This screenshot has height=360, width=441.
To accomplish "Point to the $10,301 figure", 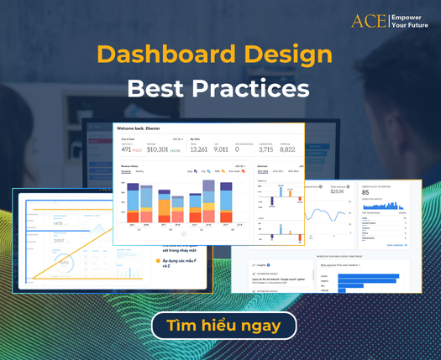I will tap(158, 149).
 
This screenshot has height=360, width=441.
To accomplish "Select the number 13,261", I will tap(199, 149).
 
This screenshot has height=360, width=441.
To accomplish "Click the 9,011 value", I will tap(221, 149).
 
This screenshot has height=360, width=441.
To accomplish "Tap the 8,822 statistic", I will tap(287, 149).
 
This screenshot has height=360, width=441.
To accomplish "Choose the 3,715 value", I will tap(265, 149).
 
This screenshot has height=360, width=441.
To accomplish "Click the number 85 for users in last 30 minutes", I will tap(366, 192).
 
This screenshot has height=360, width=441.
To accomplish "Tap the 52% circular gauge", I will tap(64, 263).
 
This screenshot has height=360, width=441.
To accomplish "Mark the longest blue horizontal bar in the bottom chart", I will tap(370, 276).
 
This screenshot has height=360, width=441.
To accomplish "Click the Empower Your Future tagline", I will tap(412, 20).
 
